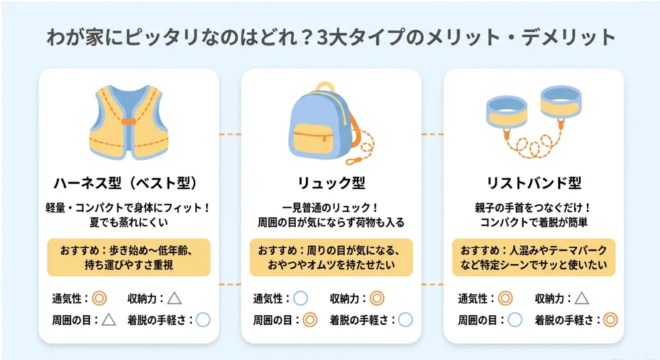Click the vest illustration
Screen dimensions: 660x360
tap(129, 123)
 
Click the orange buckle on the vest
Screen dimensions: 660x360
tap(129, 121)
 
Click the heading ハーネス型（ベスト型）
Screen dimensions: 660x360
tap(126, 183)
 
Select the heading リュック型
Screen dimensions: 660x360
tap(331, 183)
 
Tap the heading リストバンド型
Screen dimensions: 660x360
tap(534, 183)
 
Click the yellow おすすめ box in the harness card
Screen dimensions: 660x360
tap(129, 257)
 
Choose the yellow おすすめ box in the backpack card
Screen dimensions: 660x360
tap(331, 257)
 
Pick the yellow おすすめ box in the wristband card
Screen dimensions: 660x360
tap(534, 257)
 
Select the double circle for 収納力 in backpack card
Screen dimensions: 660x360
tap(377, 298)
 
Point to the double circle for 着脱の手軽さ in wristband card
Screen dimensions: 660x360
tap(610, 320)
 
